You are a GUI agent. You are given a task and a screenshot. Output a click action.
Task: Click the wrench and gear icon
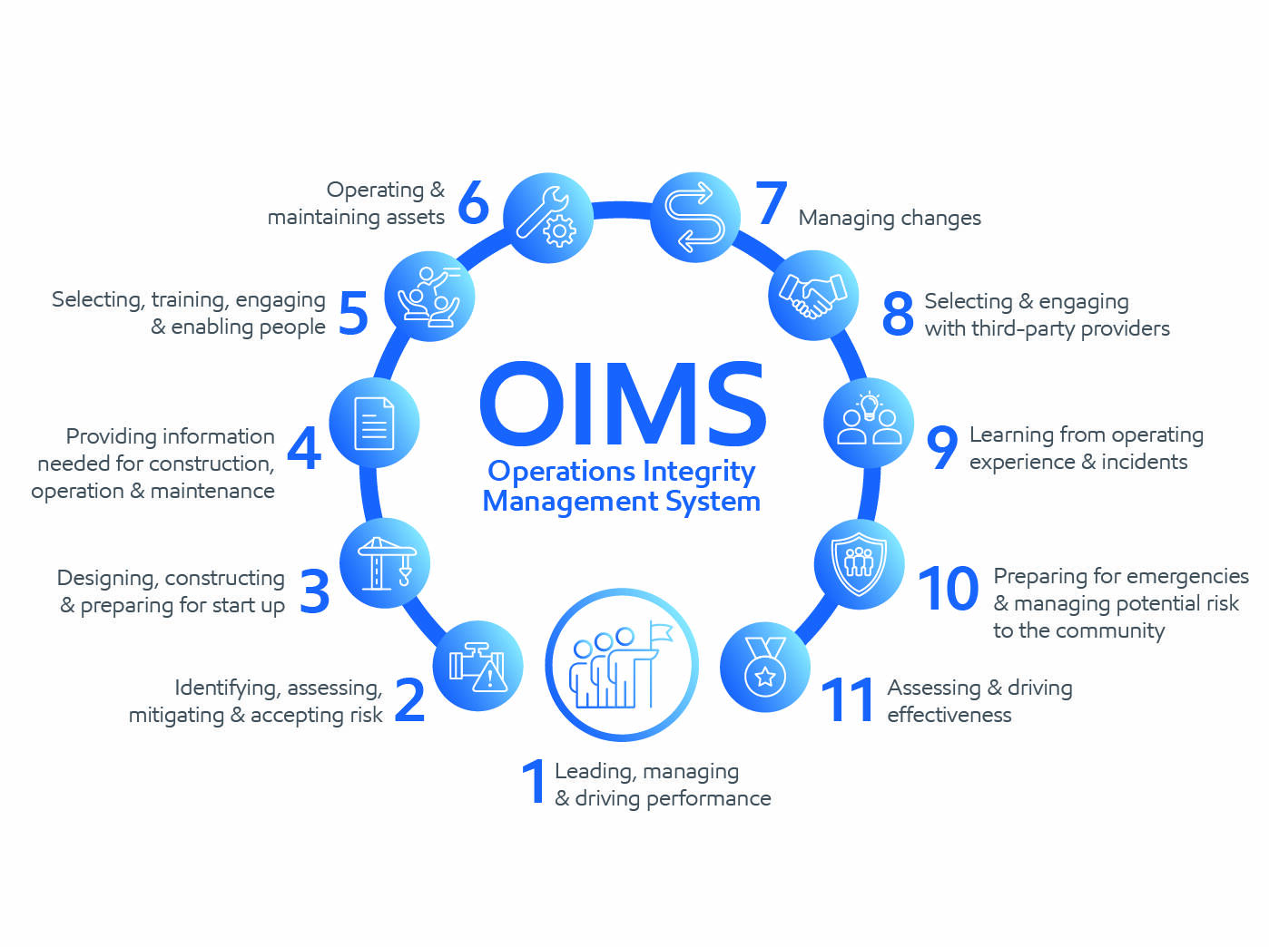pyautogui.click(x=547, y=218)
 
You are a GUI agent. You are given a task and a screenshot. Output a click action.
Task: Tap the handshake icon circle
pyautogui.click(x=812, y=296)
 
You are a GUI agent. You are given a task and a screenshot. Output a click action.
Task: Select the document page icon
pyautogui.click(x=374, y=424)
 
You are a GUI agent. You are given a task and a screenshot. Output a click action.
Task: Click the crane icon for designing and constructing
pyautogui.click(x=385, y=563)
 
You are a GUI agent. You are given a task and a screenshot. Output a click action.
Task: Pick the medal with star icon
pyautogui.click(x=764, y=667)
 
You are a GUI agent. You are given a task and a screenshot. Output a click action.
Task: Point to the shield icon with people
pyautogui.click(x=859, y=563)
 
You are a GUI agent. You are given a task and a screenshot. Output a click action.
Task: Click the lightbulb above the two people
pyautogui.click(x=870, y=405)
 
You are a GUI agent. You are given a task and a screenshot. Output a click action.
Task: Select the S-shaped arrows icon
pyautogui.click(x=695, y=217)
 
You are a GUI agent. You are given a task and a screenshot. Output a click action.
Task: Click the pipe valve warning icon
pyautogui.click(x=477, y=666)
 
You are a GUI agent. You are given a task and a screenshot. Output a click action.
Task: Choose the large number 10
pyautogui.click(x=949, y=590)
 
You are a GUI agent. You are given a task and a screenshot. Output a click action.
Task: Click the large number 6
pyautogui.click(x=473, y=202)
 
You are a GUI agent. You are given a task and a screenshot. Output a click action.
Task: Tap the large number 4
pyautogui.click(x=304, y=448)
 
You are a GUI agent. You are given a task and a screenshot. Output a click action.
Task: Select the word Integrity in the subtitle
pyautogui.click(x=698, y=472)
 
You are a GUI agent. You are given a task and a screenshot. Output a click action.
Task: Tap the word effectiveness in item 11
pyautogui.click(x=949, y=716)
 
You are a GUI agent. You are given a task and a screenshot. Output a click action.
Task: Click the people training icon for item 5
pyautogui.click(x=429, y=296)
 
